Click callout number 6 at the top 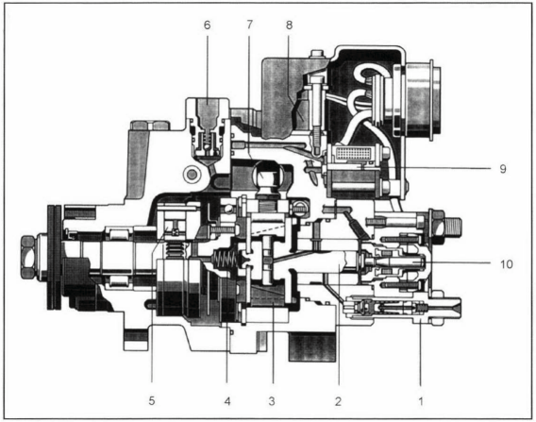208,25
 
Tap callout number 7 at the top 249,25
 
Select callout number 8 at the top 289,25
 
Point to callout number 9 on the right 502,169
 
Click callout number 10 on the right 507,264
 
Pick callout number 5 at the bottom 152,400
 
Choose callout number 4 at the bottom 227,400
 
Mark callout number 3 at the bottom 272,400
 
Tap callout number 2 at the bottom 338,400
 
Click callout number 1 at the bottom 421,400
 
